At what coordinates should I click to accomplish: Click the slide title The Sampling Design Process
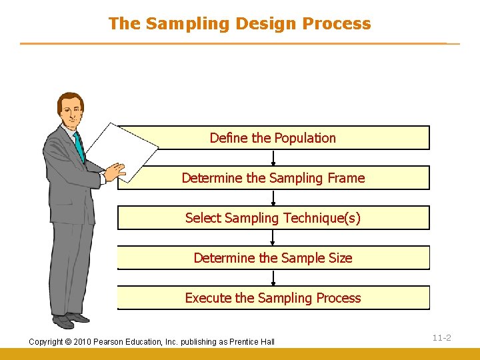tap(239, 23)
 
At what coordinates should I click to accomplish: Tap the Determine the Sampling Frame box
tap(273, 178)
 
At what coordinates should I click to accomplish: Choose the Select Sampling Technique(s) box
tap(273, 218)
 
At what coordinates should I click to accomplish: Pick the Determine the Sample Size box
tap(273, 258)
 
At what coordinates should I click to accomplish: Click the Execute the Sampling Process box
tap(273, 298)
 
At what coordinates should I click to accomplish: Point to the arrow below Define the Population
tap(273, 158)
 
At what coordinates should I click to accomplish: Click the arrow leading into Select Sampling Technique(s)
tap(273, 198)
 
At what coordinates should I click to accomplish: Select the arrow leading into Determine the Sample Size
tap(273, 238)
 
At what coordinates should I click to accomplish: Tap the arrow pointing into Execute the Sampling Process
tap(273, 278)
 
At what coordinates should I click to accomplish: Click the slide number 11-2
tap(441, 338)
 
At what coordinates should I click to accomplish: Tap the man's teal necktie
tap(79, 147)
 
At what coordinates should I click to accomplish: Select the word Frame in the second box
tap(347, 178)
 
